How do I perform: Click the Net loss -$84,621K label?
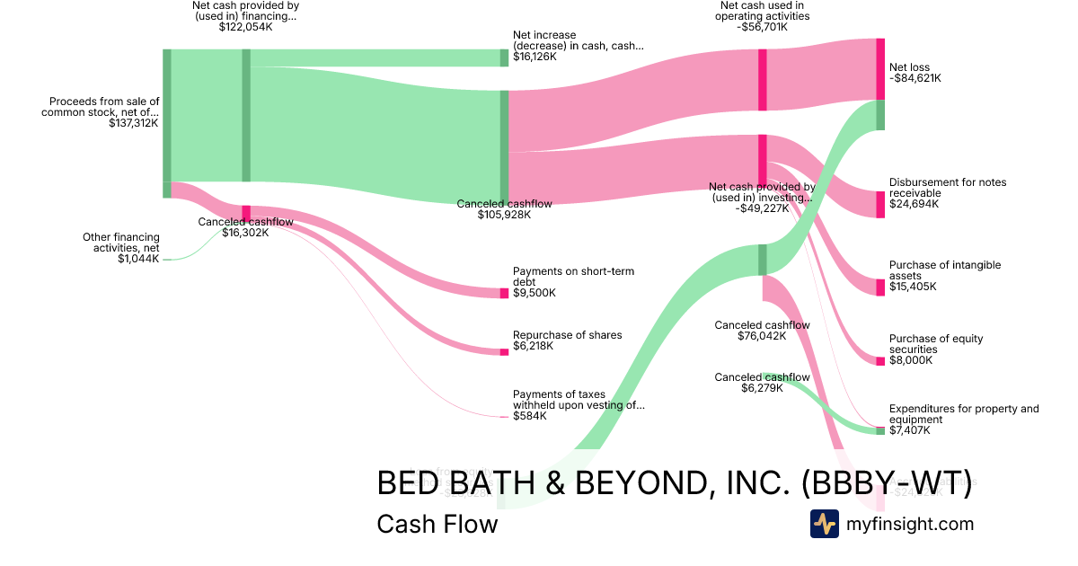tap(915, 73)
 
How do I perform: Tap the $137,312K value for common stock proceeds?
tap(134, 123)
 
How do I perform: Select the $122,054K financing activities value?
tap(245, 27)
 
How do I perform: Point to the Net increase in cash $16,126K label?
tap(578, 46)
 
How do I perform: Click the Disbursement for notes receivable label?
tap(947, 188)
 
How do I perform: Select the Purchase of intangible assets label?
tap(944, 270)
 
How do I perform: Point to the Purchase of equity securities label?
tap(936, 344)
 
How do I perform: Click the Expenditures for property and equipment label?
tap(963, 414)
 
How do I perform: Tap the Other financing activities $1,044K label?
tap(121, 248)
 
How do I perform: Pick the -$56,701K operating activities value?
tap(764, 27)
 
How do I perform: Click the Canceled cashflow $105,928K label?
tap(504, 209)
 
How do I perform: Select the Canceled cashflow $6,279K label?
tap(762, 383)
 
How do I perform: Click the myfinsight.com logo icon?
tap(824, 524)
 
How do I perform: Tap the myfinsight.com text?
tap(910, 524)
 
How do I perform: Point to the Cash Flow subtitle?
tap(437, 524)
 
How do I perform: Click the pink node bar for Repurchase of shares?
tap(504, 351)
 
